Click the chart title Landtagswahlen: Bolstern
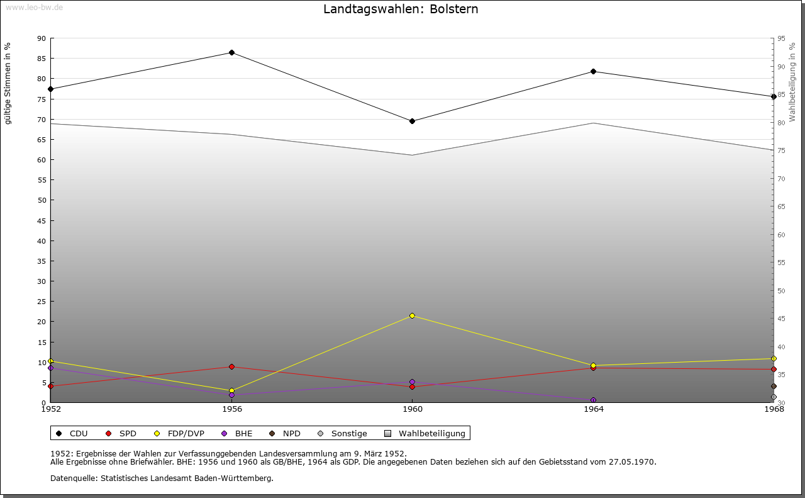pos(401,9)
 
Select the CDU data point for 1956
pos(231,52)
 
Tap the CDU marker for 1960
pos(413,121)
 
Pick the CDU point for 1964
pos(593,71)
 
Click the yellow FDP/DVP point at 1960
pos(413,315)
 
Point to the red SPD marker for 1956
pos(231,366)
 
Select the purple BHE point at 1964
pos(593,400)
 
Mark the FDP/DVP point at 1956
pos(231,390)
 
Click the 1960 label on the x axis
pos(413,410)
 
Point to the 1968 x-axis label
pos(774,410)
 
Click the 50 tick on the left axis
pos(42,200)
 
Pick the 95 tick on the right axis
pos(781,38)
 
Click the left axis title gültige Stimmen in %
pos(8,83)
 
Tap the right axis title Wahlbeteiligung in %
pos(792,82)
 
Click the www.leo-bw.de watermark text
pos(34,8)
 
